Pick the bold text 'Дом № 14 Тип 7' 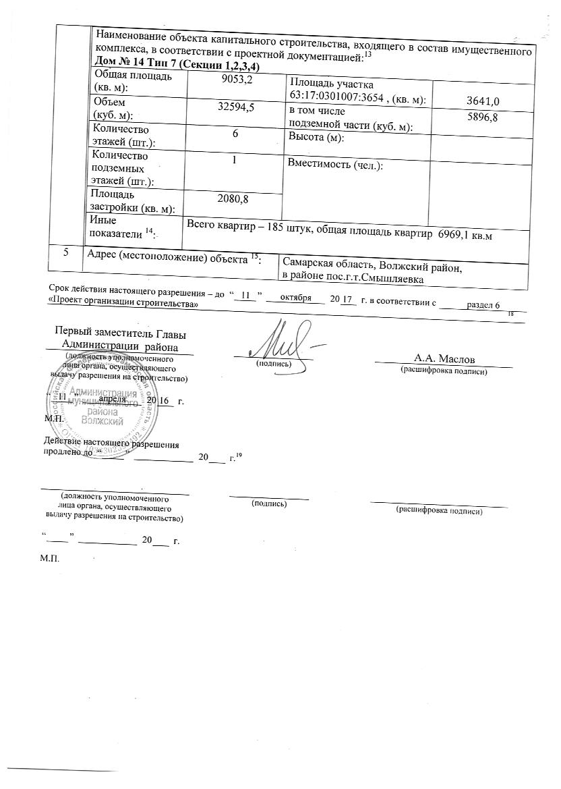coord(139,65)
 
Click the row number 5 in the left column coord(66,254)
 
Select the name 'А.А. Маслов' coord(448,358)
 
